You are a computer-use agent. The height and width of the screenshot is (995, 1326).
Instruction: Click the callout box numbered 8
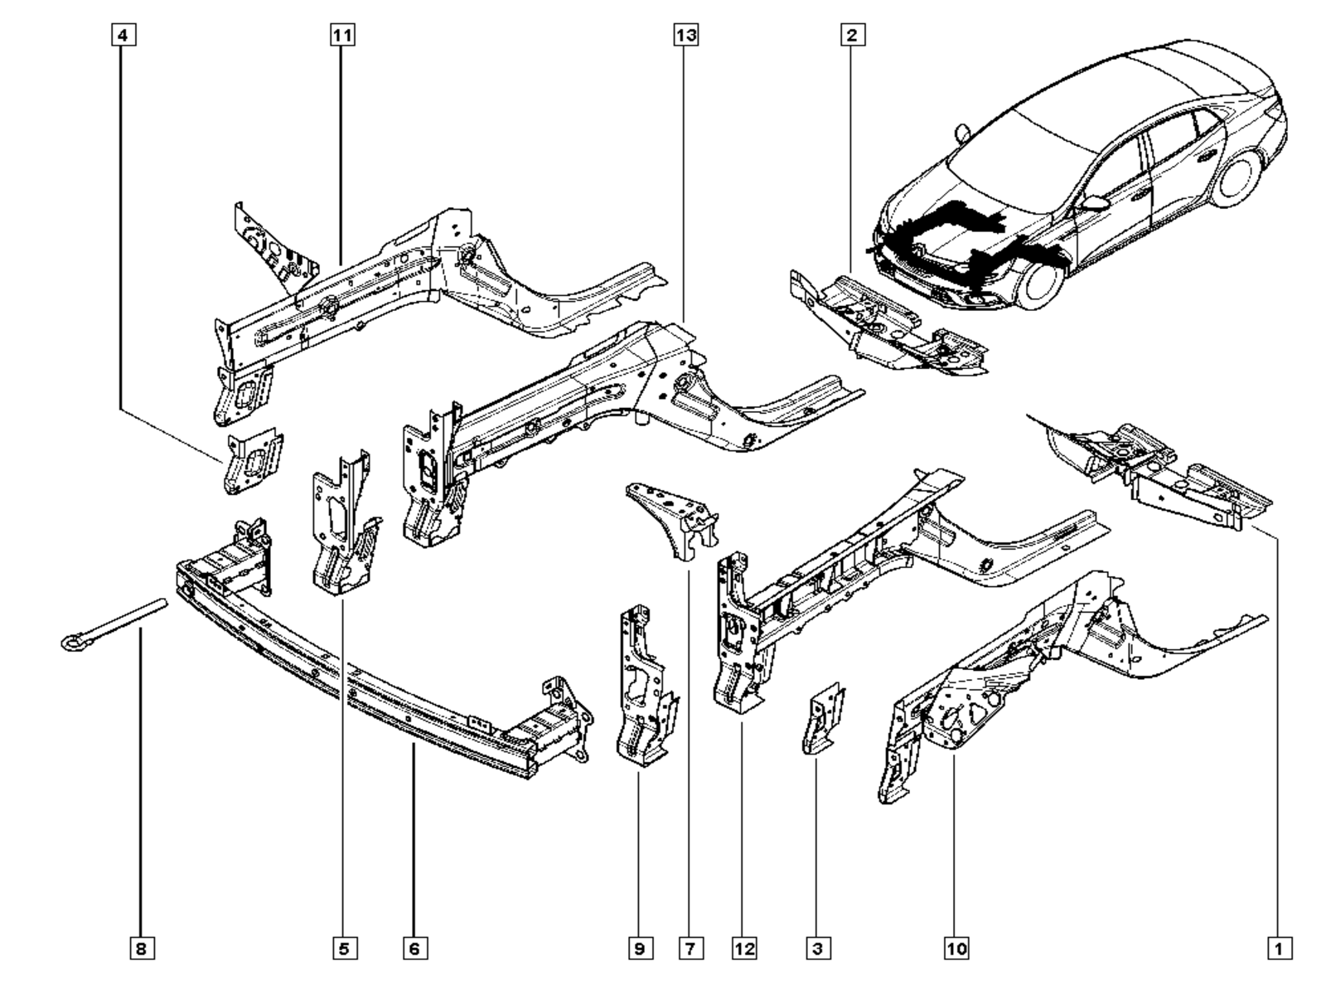click(x=141, y=949)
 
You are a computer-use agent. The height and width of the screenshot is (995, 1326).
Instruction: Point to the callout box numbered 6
click(x=414, y=949)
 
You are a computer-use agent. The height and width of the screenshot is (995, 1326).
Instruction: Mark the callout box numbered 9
click(x=640, y=949)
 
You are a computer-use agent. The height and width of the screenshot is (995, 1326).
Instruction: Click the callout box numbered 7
click(x=690, y=949)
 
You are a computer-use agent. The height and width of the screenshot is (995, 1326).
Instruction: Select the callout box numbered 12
click(x=743, y=949)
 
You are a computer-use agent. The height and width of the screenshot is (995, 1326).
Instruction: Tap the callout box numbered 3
click(x=817, y=949)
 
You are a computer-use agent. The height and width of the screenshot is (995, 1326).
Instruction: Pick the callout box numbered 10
click(x=956, y=949)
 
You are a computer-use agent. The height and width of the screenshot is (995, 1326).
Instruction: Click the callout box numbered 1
click(x=1279, y=949)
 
